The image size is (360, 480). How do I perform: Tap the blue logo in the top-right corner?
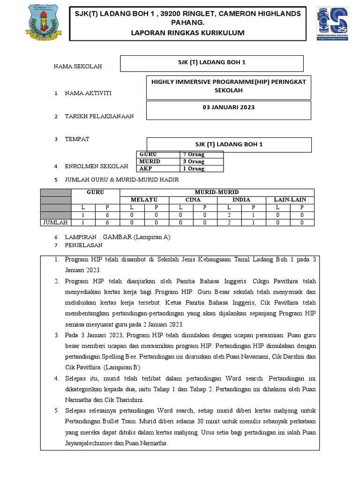(332, 24)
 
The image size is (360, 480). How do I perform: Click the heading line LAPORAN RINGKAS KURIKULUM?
(188, 33)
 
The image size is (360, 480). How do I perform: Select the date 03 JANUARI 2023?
(229, 107)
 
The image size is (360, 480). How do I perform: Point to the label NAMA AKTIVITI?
(88, 93)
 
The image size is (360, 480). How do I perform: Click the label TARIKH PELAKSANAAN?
(99, 116)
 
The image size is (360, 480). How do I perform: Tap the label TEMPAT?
(77, 139)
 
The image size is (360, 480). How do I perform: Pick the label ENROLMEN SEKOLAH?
(96, 166)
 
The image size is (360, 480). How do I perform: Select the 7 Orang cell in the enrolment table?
(194, 154)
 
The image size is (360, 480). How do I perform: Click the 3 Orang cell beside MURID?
(194, 161)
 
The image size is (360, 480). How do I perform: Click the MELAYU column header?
(144, 200)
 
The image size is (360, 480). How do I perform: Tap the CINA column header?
(193, 200)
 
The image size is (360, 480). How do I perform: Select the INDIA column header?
(241, 200)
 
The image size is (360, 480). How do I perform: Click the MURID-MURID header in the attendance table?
(217, 192)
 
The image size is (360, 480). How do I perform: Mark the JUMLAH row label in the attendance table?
(56, 222)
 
